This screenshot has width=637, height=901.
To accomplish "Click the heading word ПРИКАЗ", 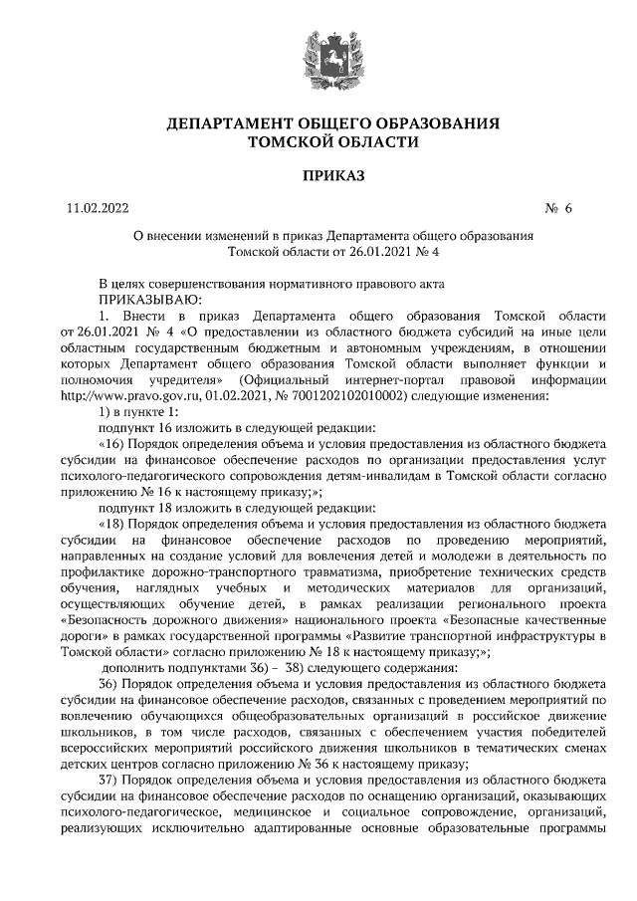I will (318, 176).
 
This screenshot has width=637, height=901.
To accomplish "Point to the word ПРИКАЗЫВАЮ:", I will (148, 298).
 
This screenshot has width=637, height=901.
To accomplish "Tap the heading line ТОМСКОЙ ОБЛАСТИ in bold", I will (318, 142).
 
